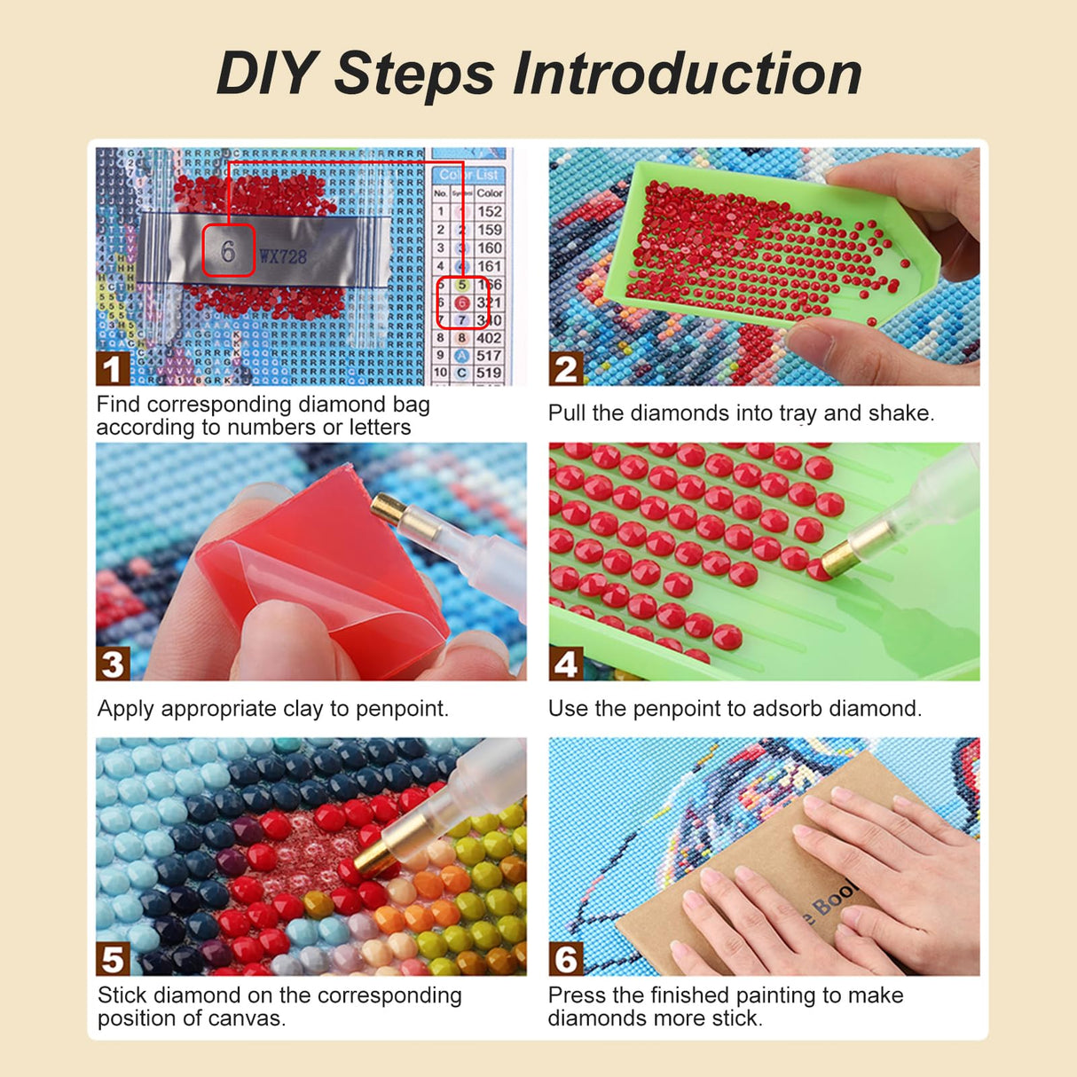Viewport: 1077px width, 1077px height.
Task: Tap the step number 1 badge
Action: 112,369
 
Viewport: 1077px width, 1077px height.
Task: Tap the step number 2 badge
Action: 566,369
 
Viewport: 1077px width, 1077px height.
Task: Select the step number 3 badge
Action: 113,664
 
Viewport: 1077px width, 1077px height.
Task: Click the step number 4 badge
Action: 566,664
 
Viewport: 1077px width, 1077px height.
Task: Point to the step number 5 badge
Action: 113,959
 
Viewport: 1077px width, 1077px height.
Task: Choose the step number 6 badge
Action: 566,959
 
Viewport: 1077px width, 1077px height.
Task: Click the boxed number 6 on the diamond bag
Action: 228,251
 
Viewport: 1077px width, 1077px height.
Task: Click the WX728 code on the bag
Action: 283,257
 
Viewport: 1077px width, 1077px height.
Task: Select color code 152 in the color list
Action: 490,211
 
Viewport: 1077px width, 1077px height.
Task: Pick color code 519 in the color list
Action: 489,373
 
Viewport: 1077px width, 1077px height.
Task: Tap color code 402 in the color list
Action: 489,338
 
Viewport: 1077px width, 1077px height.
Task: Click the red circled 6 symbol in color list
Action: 461,303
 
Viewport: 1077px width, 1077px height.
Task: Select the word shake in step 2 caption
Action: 904,413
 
